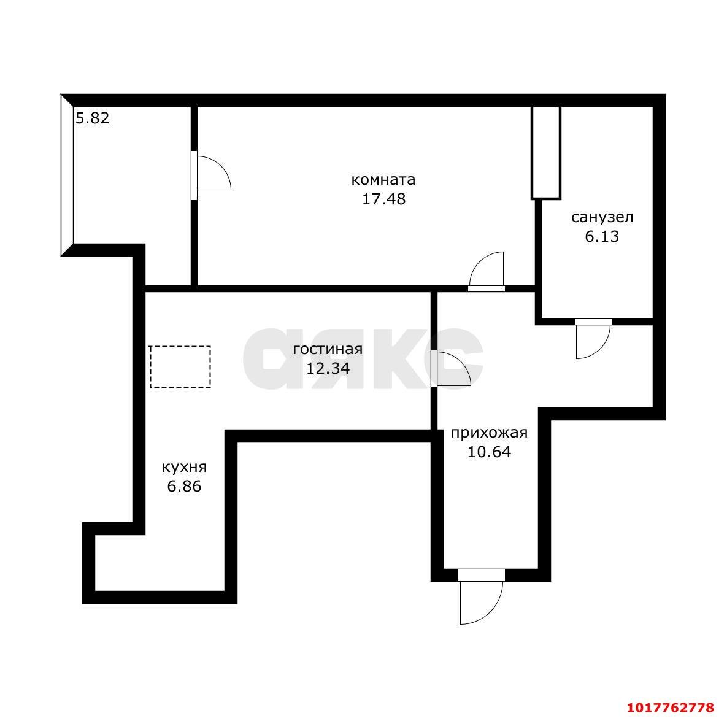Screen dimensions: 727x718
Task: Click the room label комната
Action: [383, 179]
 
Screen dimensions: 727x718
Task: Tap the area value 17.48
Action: [383, 199]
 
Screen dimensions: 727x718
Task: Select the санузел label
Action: [602, 217]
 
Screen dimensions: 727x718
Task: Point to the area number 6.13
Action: [602, 236]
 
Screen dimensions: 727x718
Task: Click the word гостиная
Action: [328, 349]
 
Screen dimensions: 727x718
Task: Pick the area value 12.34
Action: [328, 368]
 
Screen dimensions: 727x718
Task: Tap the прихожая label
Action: [489, 433]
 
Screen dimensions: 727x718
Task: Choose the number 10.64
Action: [489, 452]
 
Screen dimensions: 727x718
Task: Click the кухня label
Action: [184, 467]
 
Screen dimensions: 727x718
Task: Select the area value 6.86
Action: [184, 487]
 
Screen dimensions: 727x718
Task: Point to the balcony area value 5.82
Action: [92, 118]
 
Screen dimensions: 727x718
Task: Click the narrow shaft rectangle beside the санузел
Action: [546, 153]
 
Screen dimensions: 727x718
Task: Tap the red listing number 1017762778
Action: [671, 708]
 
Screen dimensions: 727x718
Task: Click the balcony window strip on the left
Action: [67, 176]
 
